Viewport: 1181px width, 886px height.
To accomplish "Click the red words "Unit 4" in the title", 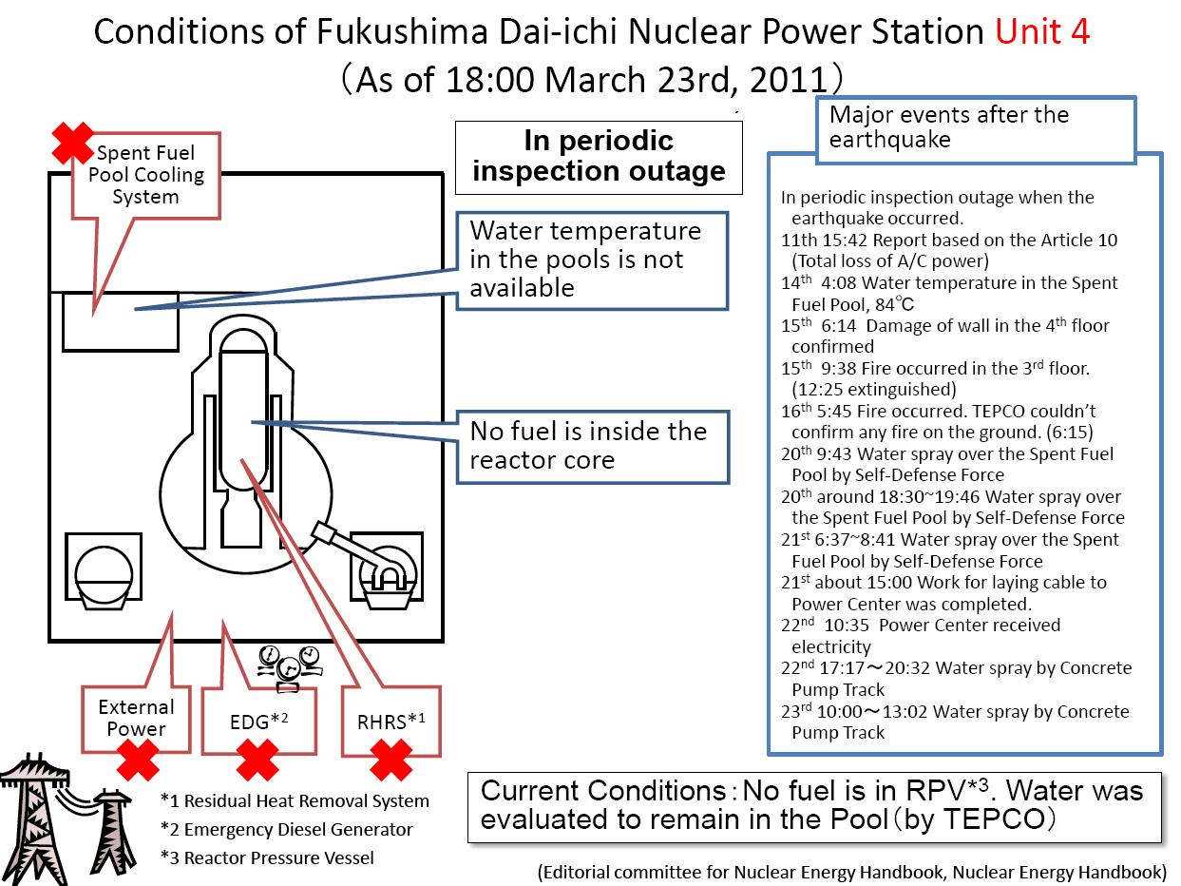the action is [x=1042, y=31].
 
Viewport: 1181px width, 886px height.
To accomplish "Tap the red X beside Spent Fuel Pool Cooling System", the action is [x=72, y=143].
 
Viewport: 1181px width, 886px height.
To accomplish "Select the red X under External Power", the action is [x=138, y=760].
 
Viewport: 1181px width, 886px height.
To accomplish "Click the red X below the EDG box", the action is [x=257, y=760].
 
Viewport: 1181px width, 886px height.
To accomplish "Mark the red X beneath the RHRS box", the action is [x=391, y=760].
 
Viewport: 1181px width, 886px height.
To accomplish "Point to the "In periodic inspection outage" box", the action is [x=599, y=157].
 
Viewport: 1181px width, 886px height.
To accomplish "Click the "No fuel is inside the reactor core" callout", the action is [x=593, y=447].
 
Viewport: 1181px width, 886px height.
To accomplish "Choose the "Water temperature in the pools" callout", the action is [x=592, y=260].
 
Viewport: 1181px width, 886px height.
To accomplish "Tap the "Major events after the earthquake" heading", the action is [x=976, y=129].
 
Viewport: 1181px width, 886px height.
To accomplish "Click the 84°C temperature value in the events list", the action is [x=894, y=304].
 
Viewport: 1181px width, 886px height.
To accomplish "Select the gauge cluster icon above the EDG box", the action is [x=289, y=668].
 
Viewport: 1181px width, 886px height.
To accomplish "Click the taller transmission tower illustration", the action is [x=32, y=819].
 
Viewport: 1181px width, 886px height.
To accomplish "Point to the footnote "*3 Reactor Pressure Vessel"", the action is [x=267, y=857].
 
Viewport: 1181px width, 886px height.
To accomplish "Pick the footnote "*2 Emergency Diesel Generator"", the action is [x=286, y=829].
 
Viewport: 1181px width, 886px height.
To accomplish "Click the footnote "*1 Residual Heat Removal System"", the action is [x=295, y=800].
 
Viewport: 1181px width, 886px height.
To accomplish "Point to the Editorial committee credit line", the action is [x=852, y=872].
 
